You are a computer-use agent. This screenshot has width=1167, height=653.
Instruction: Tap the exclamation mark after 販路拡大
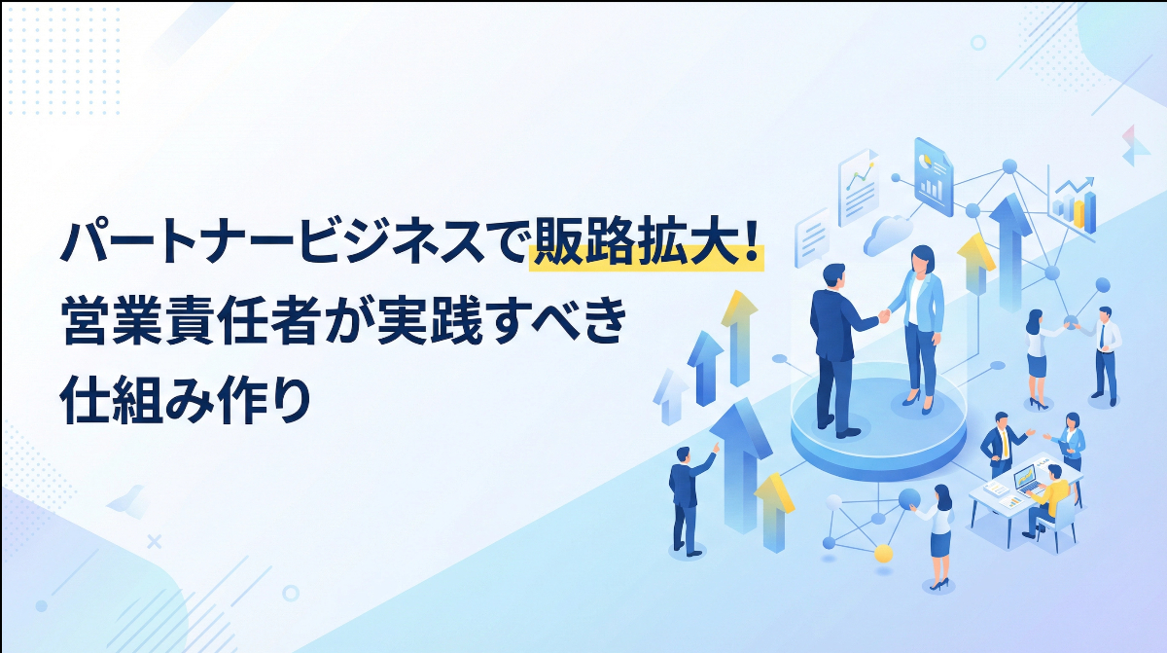[x=751, y=244]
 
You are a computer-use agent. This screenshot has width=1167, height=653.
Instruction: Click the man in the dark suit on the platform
[x=835, y=345]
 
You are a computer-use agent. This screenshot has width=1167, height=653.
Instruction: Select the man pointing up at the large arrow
[x=690, y=496]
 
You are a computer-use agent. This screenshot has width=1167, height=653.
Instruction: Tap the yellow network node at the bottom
[x=883, y=554]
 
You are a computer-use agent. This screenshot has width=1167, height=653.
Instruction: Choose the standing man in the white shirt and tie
[x=1105, y=355]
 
